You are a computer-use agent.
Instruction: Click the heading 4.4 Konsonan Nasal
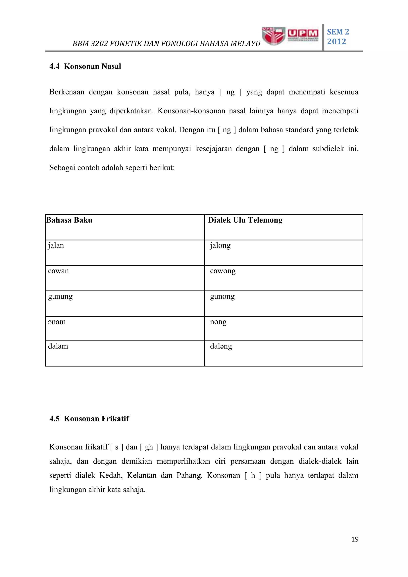pyautogui.click(x=85, y=66)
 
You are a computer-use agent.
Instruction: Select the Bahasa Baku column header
pyautogui.click(x=69, y=220)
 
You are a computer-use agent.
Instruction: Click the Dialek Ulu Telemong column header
pyautogui.click(x=245, y=220)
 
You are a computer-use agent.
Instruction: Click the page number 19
pyautogui.click(x=355, y=539)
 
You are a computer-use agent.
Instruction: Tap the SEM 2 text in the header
pyautogui.click(x=338, y=32)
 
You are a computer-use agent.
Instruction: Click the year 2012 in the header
pyautogui.click(x=336, y=41)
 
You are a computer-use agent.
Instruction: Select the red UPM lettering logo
pyautogui.click(x=303, y=33)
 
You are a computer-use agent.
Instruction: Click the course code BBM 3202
pyautogui.click(x=90, y=44)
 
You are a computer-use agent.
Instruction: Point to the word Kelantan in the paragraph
pyautogui.click(x=141, y=475)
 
